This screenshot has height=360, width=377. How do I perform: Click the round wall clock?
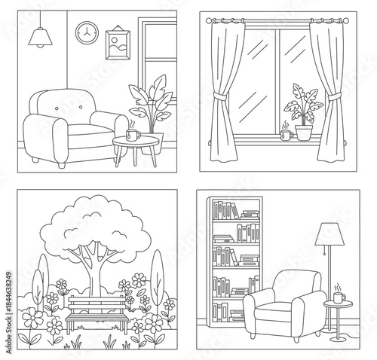pyautogui.click(x=87, y=32)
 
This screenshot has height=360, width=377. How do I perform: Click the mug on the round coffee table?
pyautogui.click(x=132, y=135)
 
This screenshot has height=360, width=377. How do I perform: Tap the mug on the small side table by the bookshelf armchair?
pyautogui.click(x=339, y=297)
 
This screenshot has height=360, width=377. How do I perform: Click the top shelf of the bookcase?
pyautogui.click(x=235, y=211)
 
